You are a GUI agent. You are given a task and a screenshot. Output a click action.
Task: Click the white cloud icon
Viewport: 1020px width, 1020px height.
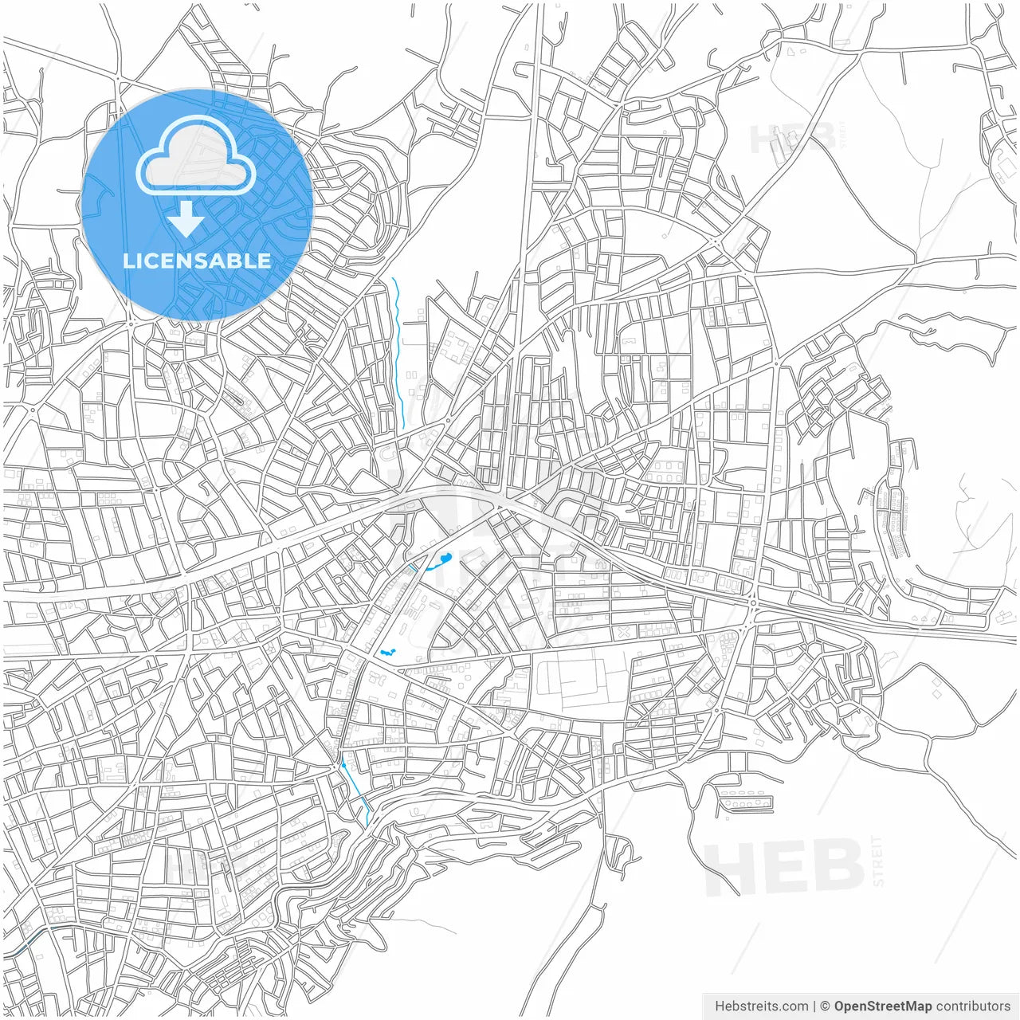pos(196,155)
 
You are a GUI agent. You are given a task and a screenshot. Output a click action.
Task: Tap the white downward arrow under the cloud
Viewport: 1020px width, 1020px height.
pos(186,219)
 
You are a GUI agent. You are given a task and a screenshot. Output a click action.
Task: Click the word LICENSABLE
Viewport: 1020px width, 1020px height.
pos(197,261)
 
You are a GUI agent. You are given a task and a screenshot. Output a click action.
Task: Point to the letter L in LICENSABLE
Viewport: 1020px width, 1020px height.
pos(127,261)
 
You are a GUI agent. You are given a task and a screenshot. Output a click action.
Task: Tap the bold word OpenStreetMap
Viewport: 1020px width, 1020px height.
pos(883,1006)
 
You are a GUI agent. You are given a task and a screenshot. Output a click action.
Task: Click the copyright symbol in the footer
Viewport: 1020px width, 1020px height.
pos(826,1006)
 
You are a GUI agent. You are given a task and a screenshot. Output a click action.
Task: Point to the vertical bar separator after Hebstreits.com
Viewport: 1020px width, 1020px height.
pos(814,1006)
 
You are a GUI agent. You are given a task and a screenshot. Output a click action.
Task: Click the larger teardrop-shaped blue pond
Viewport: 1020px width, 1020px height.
pos(441,561)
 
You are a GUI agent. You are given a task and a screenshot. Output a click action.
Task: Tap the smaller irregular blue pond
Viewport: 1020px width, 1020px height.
pos(387,653)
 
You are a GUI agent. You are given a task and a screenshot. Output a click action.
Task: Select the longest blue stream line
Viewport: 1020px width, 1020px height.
pos(399,351)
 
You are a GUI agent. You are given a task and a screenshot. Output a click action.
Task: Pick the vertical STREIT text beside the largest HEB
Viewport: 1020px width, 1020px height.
pos(878,861)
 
